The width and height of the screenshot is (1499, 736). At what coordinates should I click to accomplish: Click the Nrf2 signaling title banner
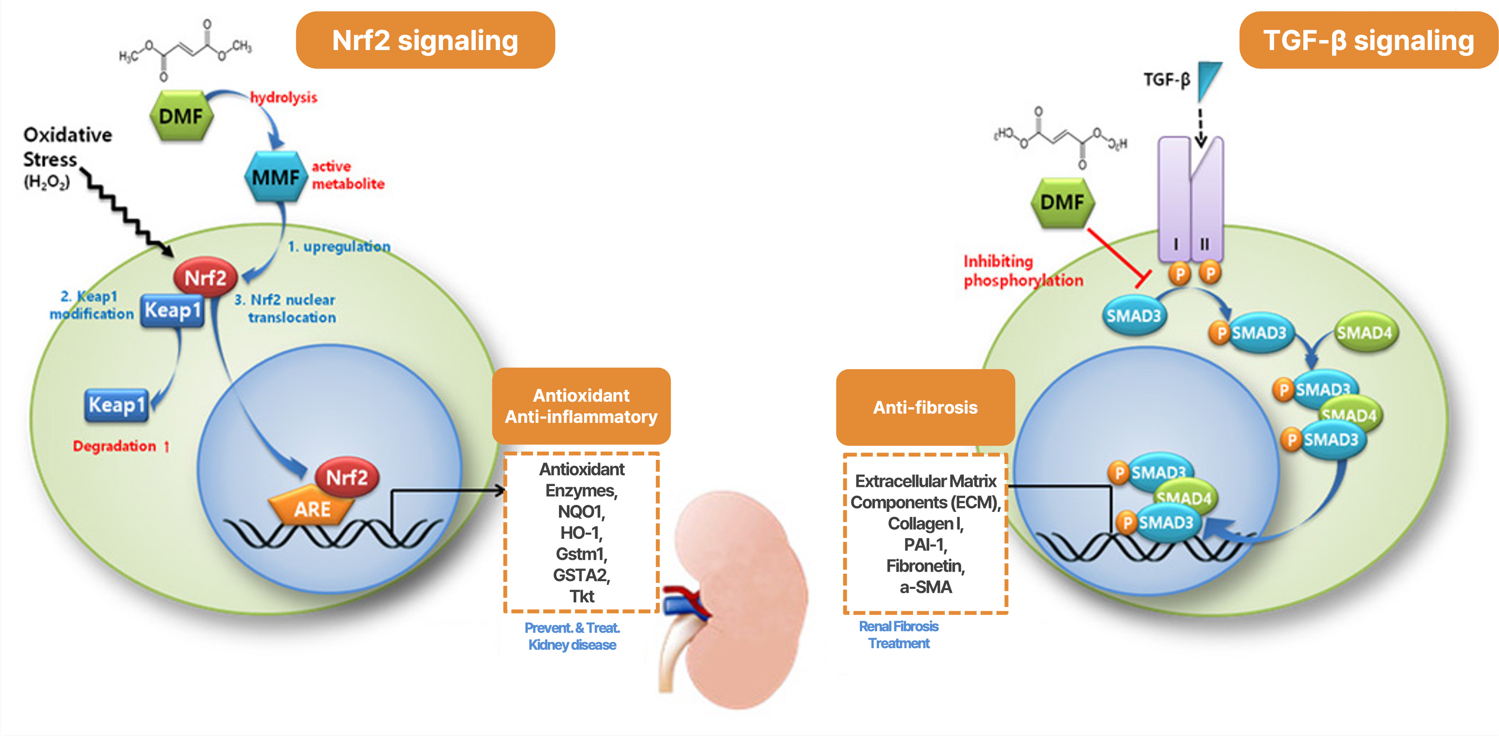pyautogui.click(x=425, y=40)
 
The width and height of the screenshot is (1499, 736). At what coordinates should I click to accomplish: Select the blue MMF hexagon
pyautogui.click(x=275, y=177)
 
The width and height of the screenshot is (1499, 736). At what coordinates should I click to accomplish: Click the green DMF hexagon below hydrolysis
pyautogui.click(x=181, y=116)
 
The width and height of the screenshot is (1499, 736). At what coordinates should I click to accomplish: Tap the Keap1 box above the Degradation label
pyautogui.click(x=116, y=404)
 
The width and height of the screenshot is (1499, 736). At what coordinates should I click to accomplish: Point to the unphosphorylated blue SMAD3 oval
pyautogui.click(x=1133, y=315)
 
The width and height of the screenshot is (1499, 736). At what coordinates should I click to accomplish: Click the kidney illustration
pyautogui.click(x=739, y=599)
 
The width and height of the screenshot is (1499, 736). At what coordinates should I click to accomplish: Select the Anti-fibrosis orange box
pyautogui.click(x=925, y=407)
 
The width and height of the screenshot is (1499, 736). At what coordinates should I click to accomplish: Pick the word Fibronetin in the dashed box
pyautogui.click(x=925, y=565)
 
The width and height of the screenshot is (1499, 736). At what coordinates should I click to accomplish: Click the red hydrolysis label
pyautogui.click(x=284, y=97)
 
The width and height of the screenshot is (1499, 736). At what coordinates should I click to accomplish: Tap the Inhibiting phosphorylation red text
pyautogui.click(x=1022, y=270)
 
